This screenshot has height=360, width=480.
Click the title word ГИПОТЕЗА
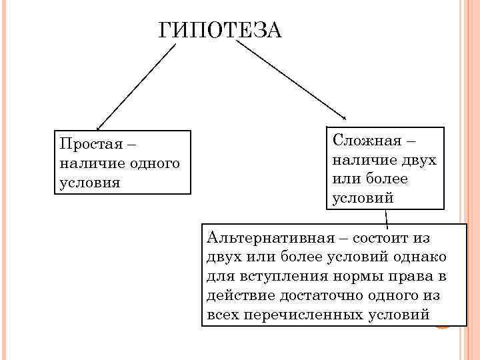pos(221,31)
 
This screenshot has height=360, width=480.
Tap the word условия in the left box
pos(89,182)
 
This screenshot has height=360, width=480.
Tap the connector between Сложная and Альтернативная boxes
pos(386,218)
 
